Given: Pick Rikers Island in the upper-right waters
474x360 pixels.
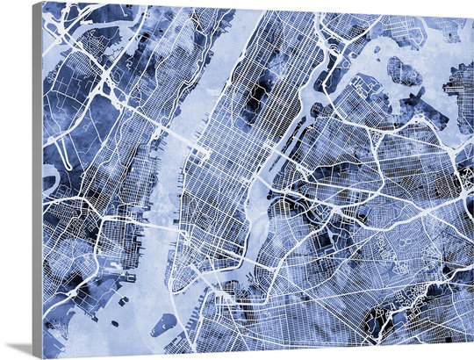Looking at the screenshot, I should pyautogui.click(x=404, y=70).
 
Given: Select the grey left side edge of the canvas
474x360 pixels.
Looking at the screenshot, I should pyautogui.click(x=37, y=176).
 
